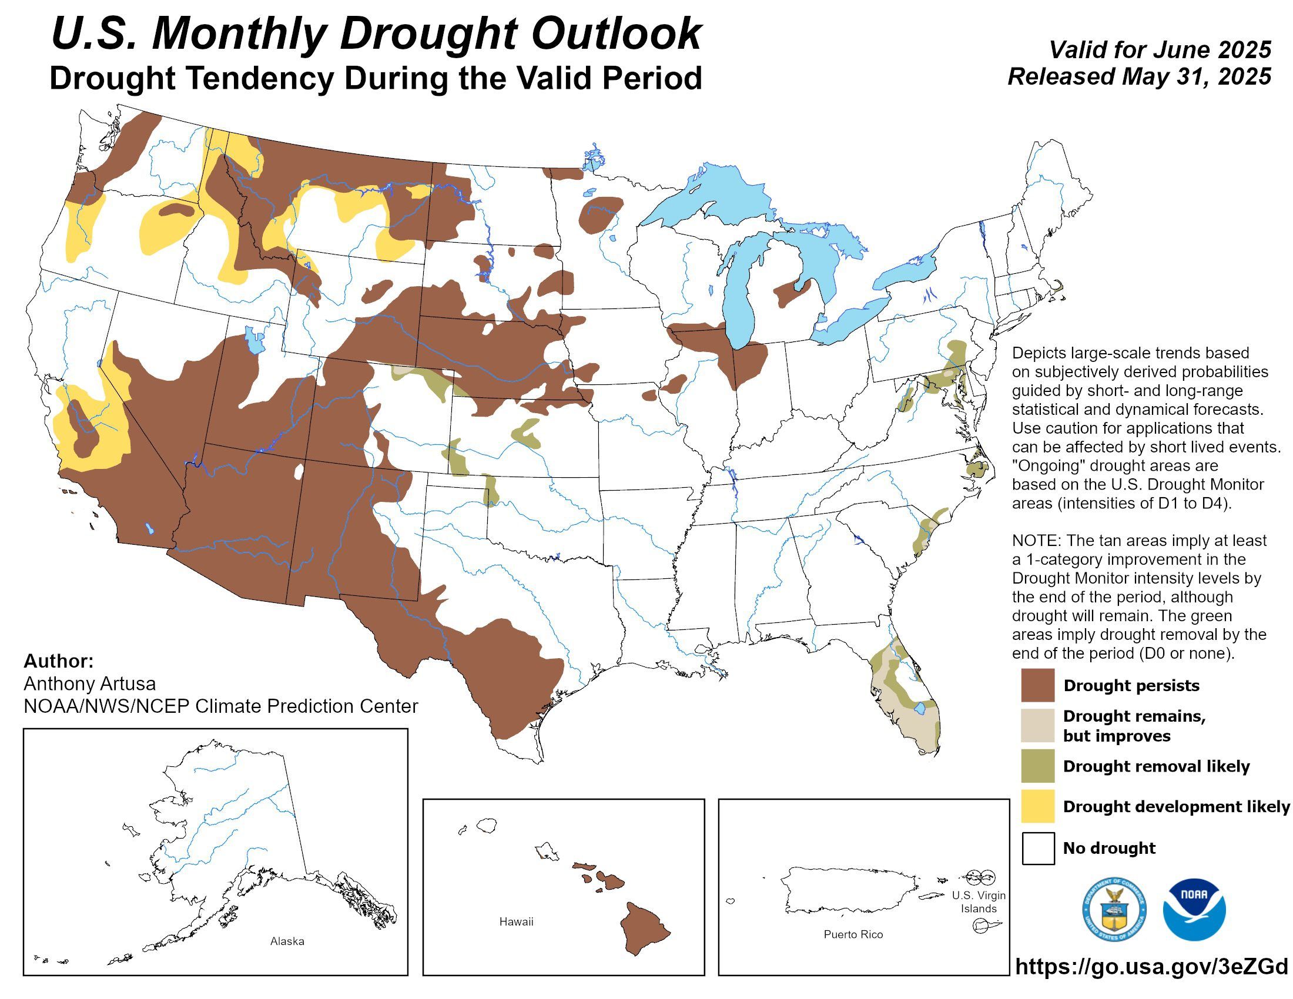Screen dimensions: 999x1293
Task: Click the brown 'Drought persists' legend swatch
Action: (x=1037, y=685)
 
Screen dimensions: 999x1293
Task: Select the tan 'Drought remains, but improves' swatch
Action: (x=1037, y=726)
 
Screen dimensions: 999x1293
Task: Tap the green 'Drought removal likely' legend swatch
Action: (x=1037, y=766)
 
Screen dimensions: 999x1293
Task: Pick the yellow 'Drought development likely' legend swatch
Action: (x=1037, y=806)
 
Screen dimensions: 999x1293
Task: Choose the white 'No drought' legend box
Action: (x=1037, y=848)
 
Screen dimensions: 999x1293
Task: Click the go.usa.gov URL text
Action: (x=1151, y=967)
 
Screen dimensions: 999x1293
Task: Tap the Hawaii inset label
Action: (x=515, y=921)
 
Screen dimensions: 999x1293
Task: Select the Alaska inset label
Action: (x=287, y=941)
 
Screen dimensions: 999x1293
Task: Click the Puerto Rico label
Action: (x=853, y=934)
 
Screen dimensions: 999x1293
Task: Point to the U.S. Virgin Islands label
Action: (x=978, y=902)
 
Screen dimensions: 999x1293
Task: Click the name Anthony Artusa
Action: (x=89, y=683)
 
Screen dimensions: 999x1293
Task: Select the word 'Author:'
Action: (x=59, y=661)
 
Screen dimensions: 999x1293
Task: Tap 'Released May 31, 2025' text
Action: (x=1139, y=76)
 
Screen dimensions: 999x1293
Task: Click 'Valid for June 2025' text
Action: (x=1160, y=50)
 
